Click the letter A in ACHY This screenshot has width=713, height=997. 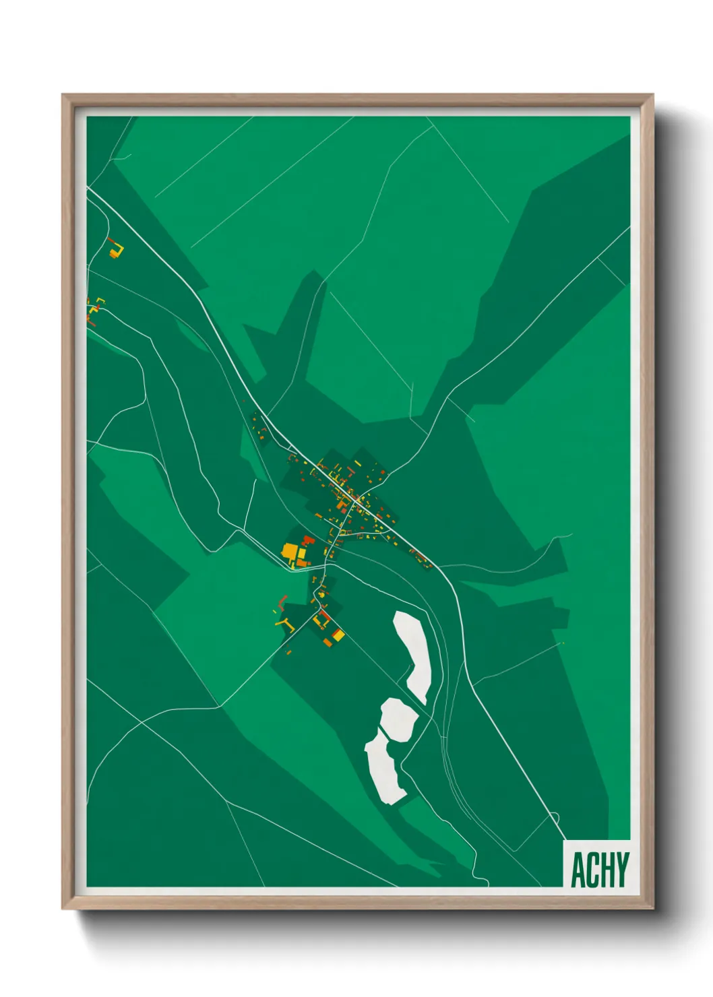[x=578, y=870]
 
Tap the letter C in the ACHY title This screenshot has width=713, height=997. [x=592, y=870]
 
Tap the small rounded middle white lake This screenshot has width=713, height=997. [x=399, y=719]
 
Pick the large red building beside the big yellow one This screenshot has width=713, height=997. [x=308, y=541]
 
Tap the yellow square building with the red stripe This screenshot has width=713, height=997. [x=338, y=635]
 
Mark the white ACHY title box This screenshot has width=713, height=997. [x=597, y=864]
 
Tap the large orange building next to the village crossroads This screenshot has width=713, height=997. [x=342, y=504]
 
